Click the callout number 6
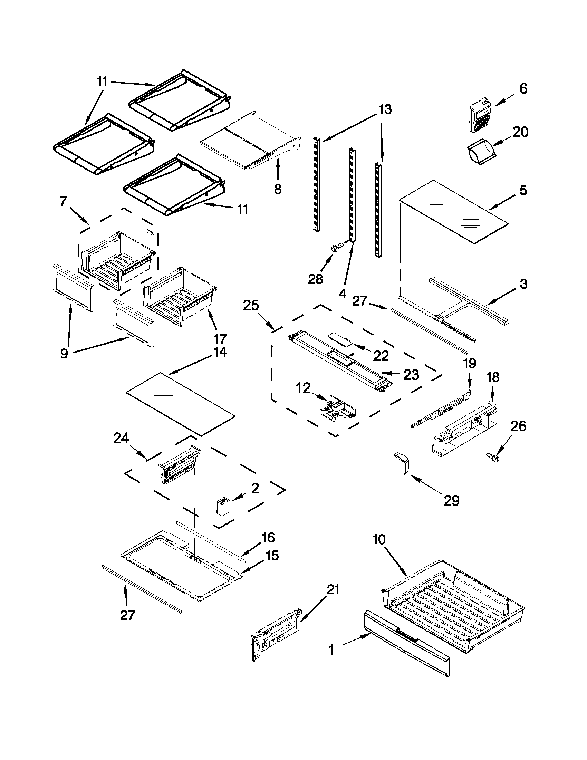click(523, 89)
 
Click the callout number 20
click(520, 132)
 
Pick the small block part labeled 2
click(222, 506)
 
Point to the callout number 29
click(451, 500)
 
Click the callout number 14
click(220, 352)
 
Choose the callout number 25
click(251, 306)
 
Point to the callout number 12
click(303, 388)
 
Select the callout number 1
click(331, 650)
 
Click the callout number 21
click(333, 590)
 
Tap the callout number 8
click(278, 189)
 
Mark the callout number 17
click(220, 338)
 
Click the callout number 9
click(64, 354)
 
